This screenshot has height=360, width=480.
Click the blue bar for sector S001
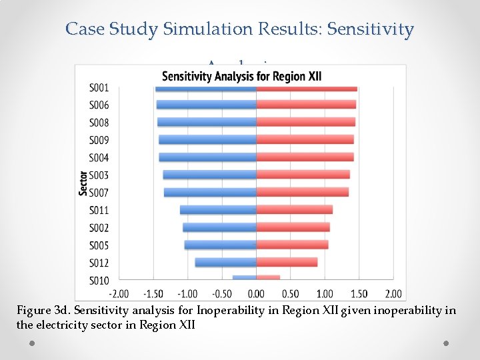(x=205, y=88)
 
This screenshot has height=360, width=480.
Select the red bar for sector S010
(x=268, y=278)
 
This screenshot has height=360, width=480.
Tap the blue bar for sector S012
(x=225, y=263)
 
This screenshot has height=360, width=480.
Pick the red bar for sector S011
(x=294, y=210)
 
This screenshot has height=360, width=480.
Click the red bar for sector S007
(x=302, y=193)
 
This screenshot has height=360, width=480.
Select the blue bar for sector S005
(x=220, y=245)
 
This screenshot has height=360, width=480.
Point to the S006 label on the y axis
(x=99, y=105)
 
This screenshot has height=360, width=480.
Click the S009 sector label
(x=99, y=141)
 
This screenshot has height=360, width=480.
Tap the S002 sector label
(x=99, y=228)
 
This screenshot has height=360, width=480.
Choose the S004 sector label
(x=99, y=158)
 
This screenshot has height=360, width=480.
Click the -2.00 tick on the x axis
(x=119, y=294)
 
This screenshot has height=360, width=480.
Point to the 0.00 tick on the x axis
(x=256, y=294)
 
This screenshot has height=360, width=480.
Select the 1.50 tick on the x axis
(x=359, y=294)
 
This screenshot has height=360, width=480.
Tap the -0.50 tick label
(x=222, y=294)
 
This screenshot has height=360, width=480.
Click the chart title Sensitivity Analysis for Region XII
(x=241, y=76)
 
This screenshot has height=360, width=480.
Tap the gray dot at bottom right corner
(x=446, y=342)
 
